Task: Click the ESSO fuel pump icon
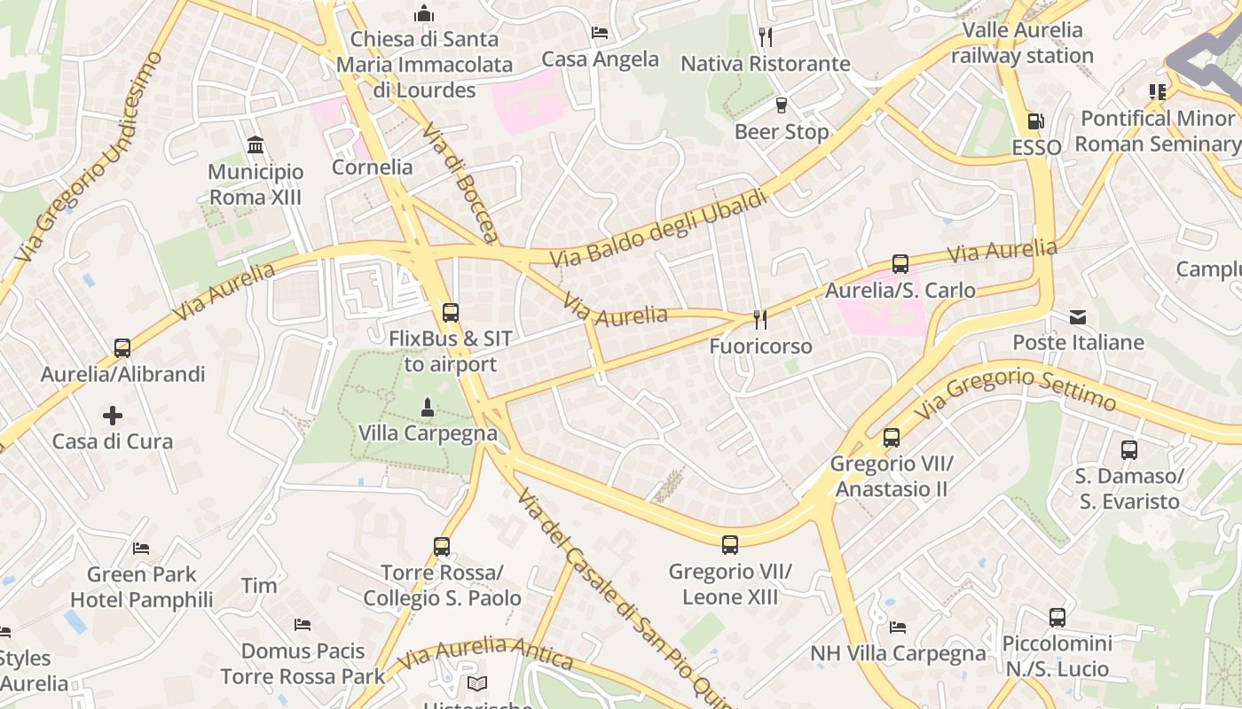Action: coord(1034,121)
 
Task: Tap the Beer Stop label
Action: coord(782,132)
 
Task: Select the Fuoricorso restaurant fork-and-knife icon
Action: coord(759,319)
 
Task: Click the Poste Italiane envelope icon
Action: coord(1078,316)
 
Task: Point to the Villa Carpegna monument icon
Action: coord(428,408)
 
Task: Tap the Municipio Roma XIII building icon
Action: coord(255,144)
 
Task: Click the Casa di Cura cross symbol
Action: coord(113,415)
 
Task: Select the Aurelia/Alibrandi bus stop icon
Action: coord(122,347)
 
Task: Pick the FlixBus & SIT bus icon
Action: coord(451,312)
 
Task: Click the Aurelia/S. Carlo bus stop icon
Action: coord(900,263)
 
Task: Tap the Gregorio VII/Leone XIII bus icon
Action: coord(730,544)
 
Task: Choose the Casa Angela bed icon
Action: coord(600,34)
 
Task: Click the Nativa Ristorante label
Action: coord(765,64)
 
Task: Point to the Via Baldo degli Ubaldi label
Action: coord(658,229)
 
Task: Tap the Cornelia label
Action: coord(372,167)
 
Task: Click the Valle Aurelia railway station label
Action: coord(1022,43)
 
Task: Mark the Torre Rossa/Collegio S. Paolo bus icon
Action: coord(442,547)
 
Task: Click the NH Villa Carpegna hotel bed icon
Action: coord(898,627)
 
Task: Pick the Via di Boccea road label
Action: coord(460,182)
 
